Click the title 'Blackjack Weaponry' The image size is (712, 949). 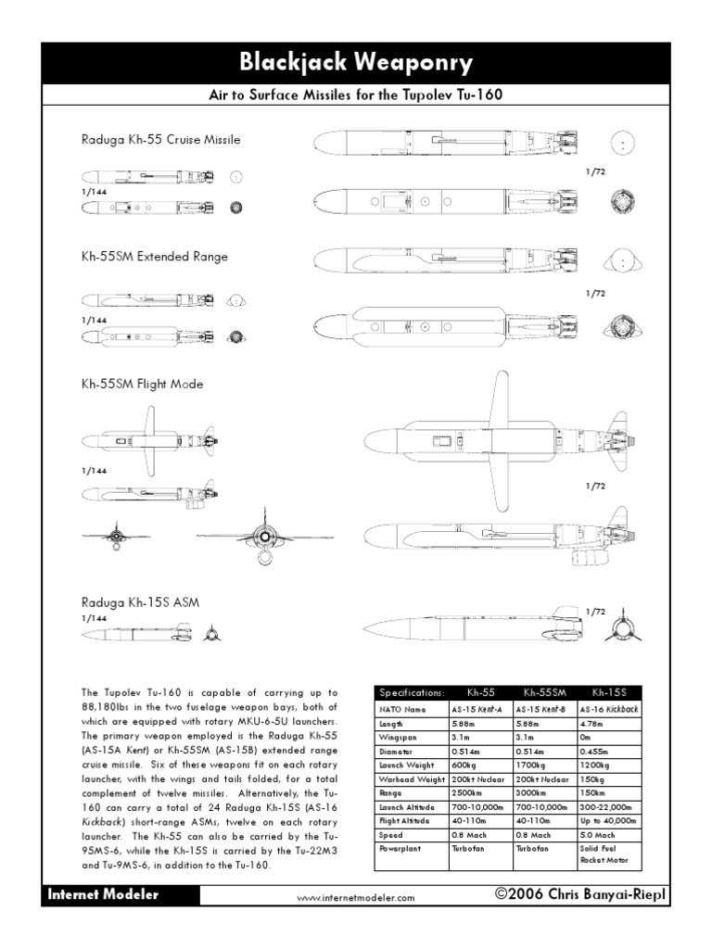coord(356,63)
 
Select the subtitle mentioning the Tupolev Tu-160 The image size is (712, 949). coord(356,97)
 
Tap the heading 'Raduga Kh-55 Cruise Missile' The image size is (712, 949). coord(160,140)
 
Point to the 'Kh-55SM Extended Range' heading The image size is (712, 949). coord(154,256)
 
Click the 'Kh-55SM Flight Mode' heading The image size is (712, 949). coord(142,384)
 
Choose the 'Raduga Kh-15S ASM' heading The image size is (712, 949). coord(139,601)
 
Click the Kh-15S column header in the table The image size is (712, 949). coord(607,692)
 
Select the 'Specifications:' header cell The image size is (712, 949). coord(411,692)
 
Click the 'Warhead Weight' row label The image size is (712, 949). coord(411,781)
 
